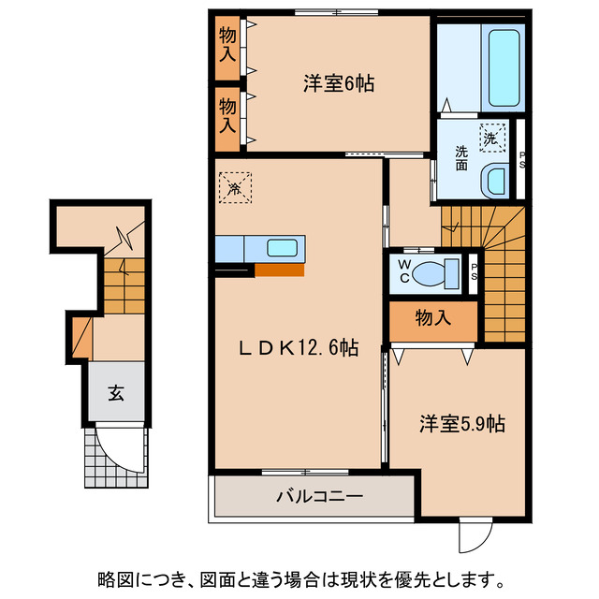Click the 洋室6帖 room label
(x=339, y=84)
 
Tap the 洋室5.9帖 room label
(x=461, y=425)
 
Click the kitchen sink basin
(x=282, y=249)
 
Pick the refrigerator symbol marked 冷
(x=236, y=185)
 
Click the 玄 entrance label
(x=115, y=394)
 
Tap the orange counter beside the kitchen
(x=279, y=270)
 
